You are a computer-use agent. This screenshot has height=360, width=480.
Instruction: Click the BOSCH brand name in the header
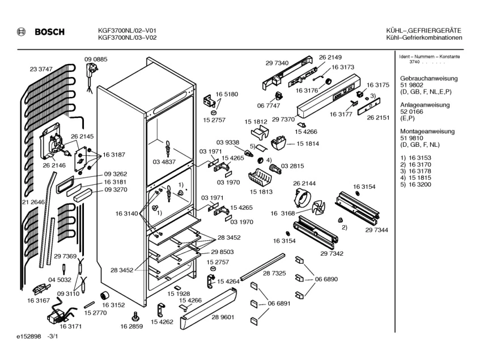point(50,32)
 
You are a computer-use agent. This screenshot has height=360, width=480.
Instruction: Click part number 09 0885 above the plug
point(96,60)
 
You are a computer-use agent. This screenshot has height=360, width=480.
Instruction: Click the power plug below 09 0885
point(91,71)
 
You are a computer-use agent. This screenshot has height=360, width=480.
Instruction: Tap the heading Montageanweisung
point(427,132)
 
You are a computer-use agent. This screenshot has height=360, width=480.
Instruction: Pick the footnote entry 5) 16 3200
point(416,185)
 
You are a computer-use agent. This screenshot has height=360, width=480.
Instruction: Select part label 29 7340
point(277,63)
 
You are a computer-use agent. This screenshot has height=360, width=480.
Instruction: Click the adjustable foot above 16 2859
point(135,316)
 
